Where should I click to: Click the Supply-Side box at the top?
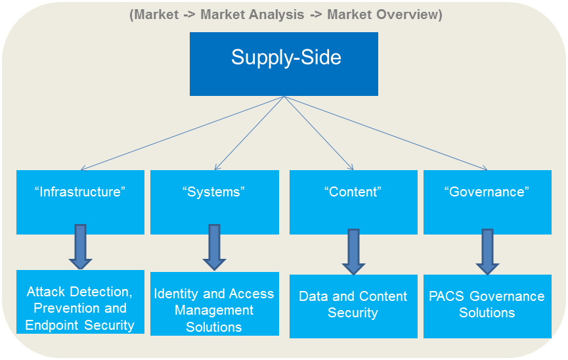pyautogui.click(x=284, y=64)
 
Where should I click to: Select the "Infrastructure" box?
pyautogui.click(x=80, y=202)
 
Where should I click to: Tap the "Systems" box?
pyautogui.click(x=214, y=202)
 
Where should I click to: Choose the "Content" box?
pyautogui.click(x=353, y=202)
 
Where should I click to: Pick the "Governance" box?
pyautogui.click(x=487, y=202)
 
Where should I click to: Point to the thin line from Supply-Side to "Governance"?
pyautogui.click(x=386, y=133)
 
